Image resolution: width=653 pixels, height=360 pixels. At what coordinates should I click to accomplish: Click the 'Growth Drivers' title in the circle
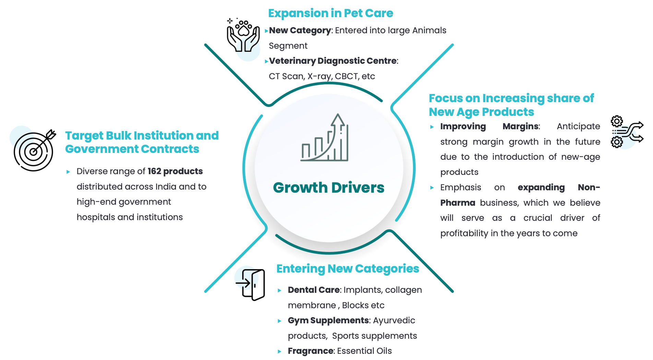[329, 188]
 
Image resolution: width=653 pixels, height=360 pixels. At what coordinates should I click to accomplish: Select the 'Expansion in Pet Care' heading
[330, 13]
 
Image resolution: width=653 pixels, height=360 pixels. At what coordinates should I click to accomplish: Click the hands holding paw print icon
[243, 36]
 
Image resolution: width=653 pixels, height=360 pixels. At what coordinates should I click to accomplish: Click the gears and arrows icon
[627, 132]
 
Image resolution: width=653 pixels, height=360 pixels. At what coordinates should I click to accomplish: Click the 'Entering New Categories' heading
[347, 268]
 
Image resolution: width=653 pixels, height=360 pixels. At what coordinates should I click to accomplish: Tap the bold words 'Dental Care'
[313, 290]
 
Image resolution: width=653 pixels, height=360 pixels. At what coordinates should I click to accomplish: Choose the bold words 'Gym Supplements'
[328, 320]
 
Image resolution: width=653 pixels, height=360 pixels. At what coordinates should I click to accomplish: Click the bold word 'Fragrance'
[310, 351]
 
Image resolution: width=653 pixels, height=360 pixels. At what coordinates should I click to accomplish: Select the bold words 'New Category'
[300, 30]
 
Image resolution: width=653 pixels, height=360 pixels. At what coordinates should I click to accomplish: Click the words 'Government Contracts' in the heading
[132, 149]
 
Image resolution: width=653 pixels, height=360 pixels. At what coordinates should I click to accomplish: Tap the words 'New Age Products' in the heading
[481, 112]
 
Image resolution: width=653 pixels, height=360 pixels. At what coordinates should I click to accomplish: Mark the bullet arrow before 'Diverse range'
[68, 172]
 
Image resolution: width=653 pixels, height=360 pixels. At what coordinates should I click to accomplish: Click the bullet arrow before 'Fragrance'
[280, 351]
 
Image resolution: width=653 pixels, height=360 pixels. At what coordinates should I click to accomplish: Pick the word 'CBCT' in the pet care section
[346, 76]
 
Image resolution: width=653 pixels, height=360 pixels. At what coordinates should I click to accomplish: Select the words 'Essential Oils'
[364, 351]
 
